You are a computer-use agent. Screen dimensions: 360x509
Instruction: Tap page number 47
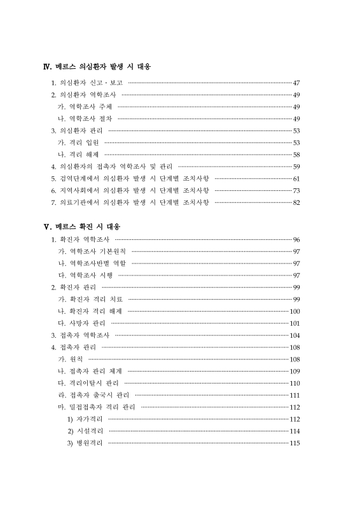[296, 83]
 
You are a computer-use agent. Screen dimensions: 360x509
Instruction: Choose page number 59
[296, 166]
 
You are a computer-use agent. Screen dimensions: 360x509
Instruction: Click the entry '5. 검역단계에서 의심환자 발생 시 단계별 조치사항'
[130, 178]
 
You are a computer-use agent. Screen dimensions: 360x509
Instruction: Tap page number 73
[296, 190]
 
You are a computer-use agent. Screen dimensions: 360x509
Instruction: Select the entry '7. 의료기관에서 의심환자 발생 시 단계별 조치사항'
[130, 202]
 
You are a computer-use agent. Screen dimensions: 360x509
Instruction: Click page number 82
[296, 202]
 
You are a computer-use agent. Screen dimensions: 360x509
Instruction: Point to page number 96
[296, 239]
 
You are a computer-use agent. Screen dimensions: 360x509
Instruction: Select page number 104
[294, 335]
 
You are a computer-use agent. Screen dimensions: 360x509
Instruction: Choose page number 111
[294, 394]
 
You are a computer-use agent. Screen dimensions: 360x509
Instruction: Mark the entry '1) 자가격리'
[85, 419]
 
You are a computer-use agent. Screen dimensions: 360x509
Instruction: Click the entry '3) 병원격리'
[85, 443]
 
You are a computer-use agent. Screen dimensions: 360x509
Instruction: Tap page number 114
[294, 431]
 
